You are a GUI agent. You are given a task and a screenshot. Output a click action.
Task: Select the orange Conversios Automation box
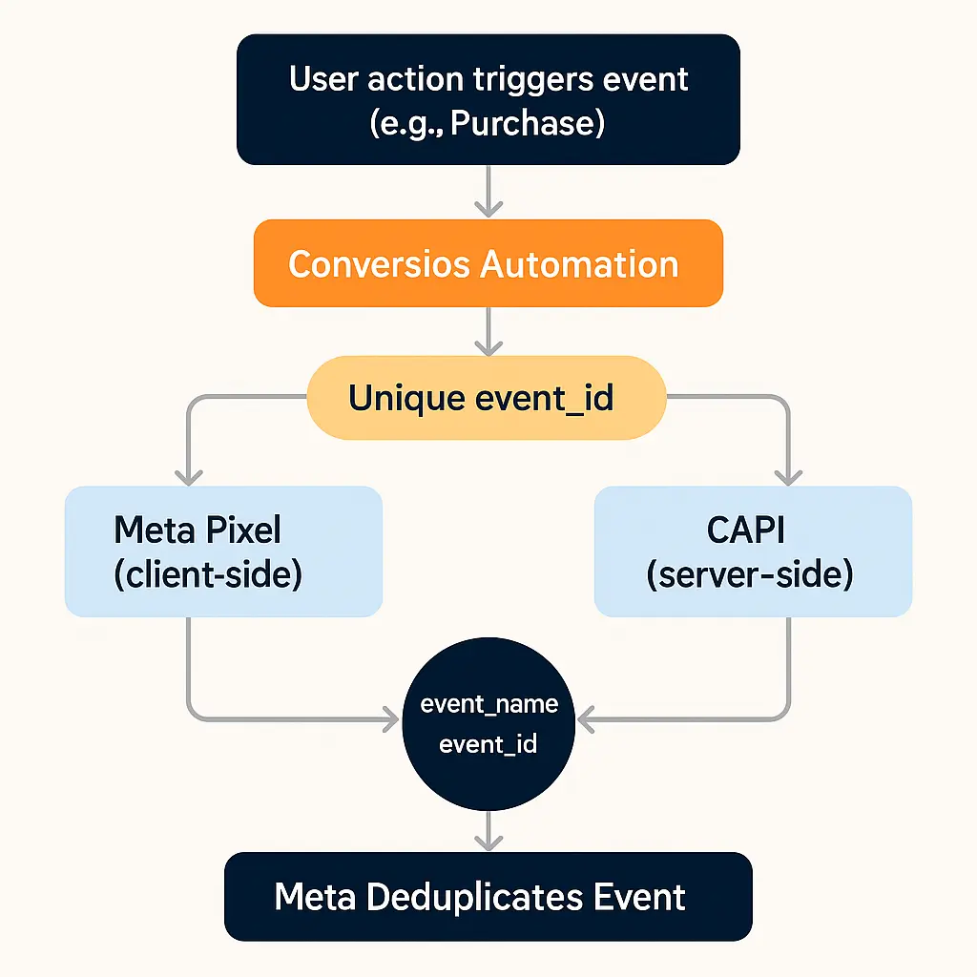tap(488, 263)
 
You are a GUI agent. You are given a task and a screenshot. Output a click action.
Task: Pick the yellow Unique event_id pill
tap(486, 398)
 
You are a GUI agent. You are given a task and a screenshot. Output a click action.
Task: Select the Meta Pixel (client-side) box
tap(223, 551)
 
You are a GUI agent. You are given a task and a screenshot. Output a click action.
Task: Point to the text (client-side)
tap(208, 576)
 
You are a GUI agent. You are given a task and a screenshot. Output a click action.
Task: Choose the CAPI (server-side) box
tap(753, 551)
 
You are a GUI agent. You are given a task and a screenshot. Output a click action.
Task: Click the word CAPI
tap(748, 529)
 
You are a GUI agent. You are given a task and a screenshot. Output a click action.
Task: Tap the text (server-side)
tap(749, 576)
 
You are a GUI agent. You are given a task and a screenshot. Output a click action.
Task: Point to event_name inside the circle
tap(488, 704)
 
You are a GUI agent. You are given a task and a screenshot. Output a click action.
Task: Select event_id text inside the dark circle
tap(488, 744)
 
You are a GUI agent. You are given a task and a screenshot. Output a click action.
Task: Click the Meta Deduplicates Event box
tap(488, 897)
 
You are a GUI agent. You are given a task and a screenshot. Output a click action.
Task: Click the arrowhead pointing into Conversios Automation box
tap(488, 208)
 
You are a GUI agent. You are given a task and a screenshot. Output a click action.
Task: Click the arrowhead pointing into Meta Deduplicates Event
tap(488, 841)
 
